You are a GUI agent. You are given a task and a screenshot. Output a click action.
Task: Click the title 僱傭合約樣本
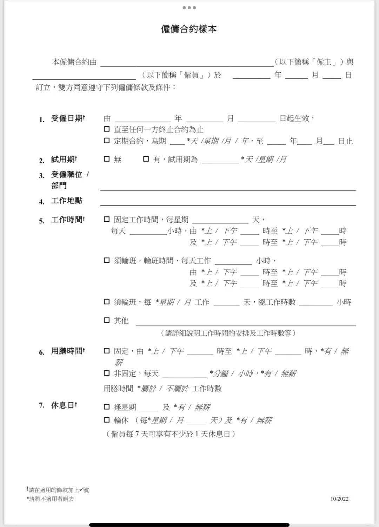(189, 29)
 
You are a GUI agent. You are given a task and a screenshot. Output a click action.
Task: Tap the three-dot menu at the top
(189, 8)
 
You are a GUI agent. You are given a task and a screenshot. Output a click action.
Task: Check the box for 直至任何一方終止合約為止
(107, 129)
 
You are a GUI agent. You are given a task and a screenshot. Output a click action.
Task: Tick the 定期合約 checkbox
(107, 141)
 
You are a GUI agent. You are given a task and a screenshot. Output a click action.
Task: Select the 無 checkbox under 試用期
(107, 159)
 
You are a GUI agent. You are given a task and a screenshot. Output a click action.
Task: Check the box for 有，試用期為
(146, 159)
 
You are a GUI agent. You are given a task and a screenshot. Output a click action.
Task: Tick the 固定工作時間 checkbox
(107, 219)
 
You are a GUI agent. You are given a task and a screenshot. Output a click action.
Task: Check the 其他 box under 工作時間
(107, 320)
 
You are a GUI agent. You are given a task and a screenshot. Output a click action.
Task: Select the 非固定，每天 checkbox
(107, 373)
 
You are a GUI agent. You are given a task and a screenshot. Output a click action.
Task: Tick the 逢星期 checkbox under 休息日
(107, 407)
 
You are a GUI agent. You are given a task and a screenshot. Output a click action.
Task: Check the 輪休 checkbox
(107, 419)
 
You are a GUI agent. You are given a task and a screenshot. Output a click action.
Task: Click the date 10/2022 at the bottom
(339, 499)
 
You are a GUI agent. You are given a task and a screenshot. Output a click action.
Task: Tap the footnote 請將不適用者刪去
(51, 499)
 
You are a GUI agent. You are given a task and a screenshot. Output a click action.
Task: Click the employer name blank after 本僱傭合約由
(187, 63)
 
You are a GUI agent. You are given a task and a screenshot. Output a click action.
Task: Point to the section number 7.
(42, 405)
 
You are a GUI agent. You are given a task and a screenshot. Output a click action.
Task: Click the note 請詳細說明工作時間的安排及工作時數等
(228, 333)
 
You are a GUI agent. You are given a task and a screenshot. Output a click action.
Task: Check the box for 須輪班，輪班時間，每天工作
(107, 260)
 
